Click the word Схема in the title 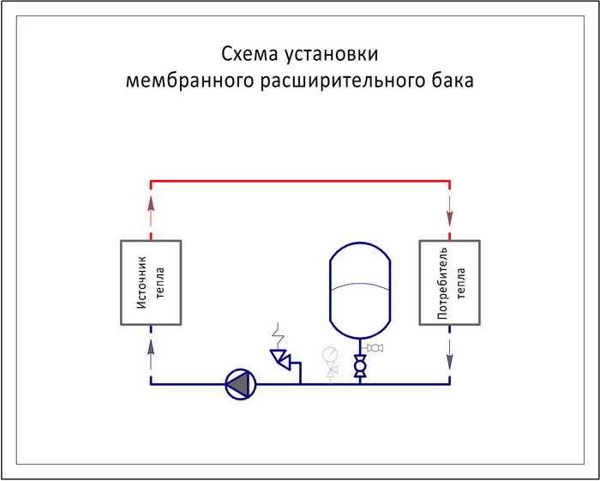click(249, 54)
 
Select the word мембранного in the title click(189, 81)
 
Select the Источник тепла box click(151, 283)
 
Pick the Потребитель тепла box click(450, 283)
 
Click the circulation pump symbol click(241, 385)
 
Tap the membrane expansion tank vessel click(360, 291)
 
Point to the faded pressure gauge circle click(330, 354)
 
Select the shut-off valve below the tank click(360, 366)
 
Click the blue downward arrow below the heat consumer click(450, 354)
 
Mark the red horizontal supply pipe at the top click(300, 180)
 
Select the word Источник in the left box click(142, 283)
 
